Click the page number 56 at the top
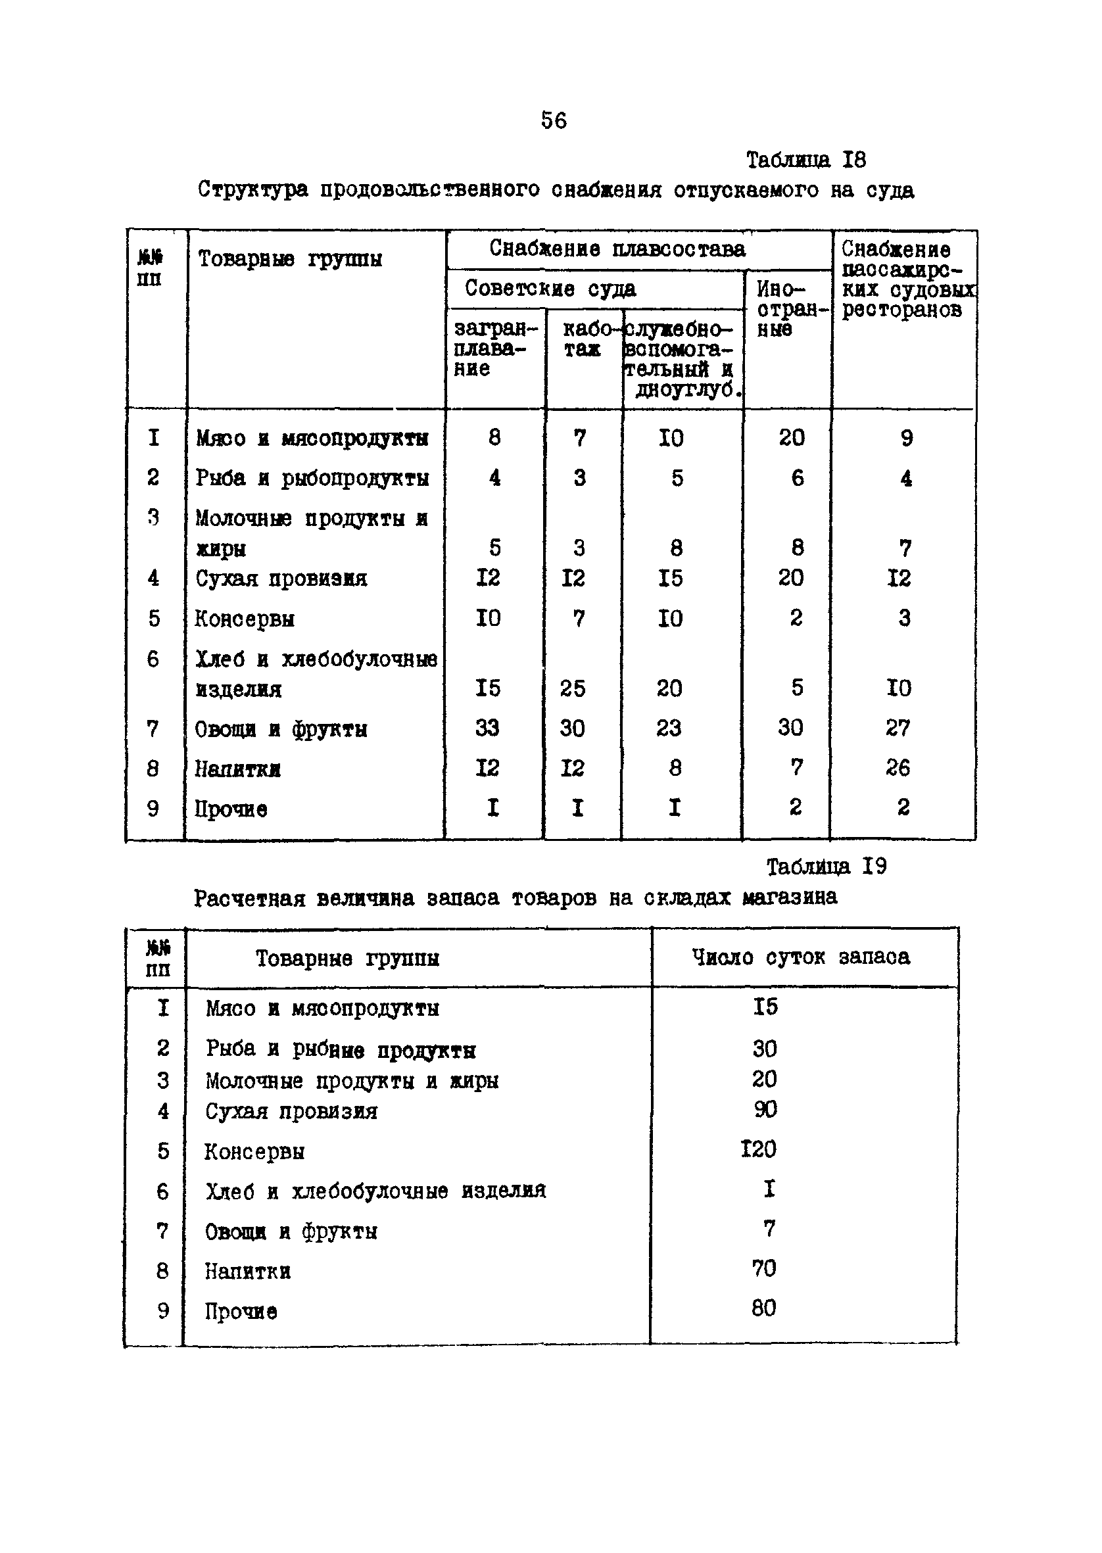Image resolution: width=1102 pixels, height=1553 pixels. pyautogui.click(x=553, y=121)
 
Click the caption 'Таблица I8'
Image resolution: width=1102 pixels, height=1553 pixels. pyautogui.click(x=805, y=160)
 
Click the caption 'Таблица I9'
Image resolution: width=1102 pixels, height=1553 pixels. pyautogui.click(x=826, y=867)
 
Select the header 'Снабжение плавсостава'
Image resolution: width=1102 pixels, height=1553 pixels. pyautogui.click(x=617, y=249)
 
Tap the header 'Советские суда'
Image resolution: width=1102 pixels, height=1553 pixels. pyautogui.click(x=550, y=289)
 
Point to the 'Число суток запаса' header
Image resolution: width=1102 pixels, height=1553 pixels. pyautogui.click(x=801, y=957)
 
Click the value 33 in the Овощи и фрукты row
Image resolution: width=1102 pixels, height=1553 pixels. pyautogui.click(x=487, y=728)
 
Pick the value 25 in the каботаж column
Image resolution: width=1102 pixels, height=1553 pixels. pyautogui.click(x=572, y=688)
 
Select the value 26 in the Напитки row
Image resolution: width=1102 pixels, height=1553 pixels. pyautogui.click(x=897, y=768)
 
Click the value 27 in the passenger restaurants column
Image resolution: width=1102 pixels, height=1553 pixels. pyautogui.click(x=897, y=728)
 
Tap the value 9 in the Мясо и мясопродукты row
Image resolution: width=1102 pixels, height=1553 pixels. pyautogui.click(x=906, y=439)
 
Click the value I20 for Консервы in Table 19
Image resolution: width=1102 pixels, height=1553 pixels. pyautogui.click(x=758, y=1149)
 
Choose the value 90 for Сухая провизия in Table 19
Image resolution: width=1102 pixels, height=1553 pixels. pyautogui.click(x=765, y=1109)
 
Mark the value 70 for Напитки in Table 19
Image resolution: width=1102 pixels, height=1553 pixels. pyautogui.click(x=763, y=1268)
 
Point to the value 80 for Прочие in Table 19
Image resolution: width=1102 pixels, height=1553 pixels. pyautogui.click(x=763, y=1308)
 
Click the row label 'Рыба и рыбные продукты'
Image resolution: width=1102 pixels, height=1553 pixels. pyautogui.click(x=341, y=1050)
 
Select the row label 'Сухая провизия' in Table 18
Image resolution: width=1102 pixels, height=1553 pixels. pyautogui.click(x=281, y=579)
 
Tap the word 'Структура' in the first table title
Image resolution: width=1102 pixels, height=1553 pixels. pyautogui.click(x=252, y=190)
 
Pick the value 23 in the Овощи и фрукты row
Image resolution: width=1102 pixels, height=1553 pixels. pyautogui.click(x=669, y=728)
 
